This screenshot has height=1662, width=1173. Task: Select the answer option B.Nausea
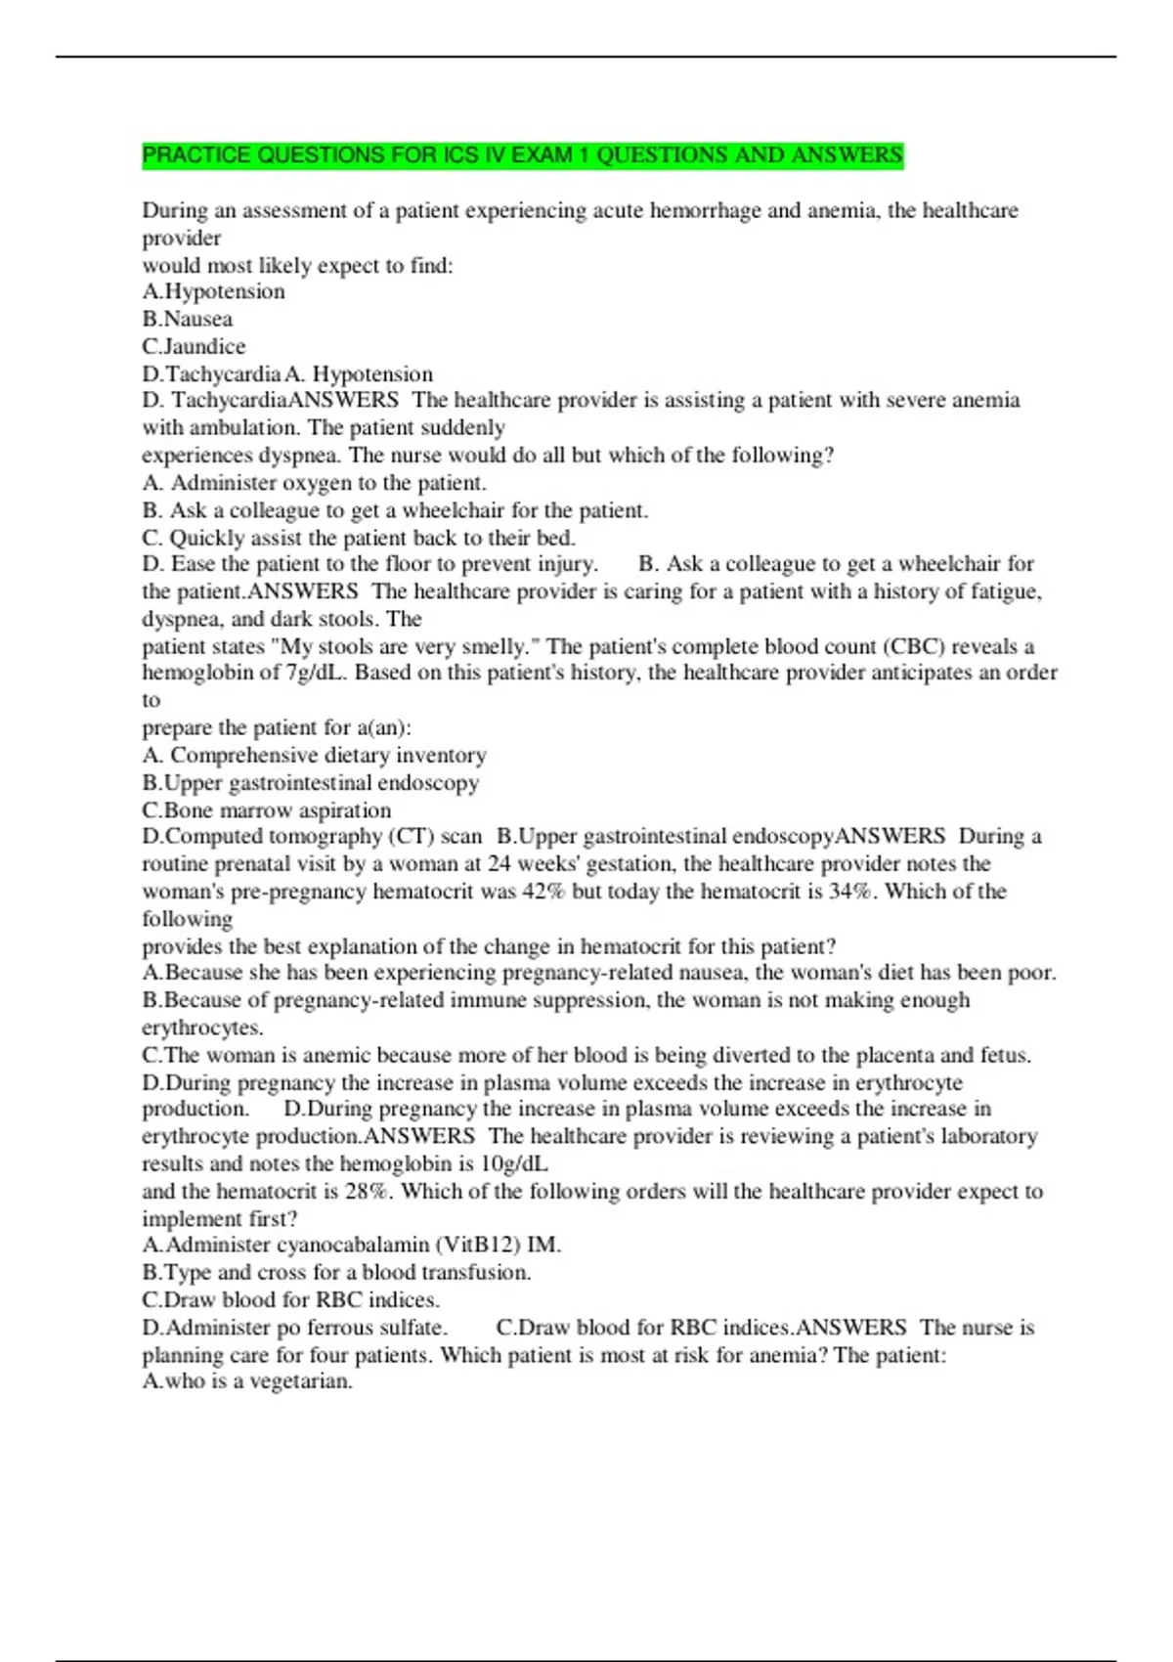click(188, 319)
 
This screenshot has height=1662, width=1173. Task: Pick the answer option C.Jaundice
click(194, 346)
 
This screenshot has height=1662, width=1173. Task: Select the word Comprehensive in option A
click(243, 756)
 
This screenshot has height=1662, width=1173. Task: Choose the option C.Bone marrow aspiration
click(266, 810)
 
